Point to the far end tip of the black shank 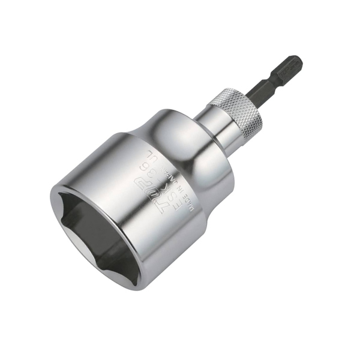pos(298,59)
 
